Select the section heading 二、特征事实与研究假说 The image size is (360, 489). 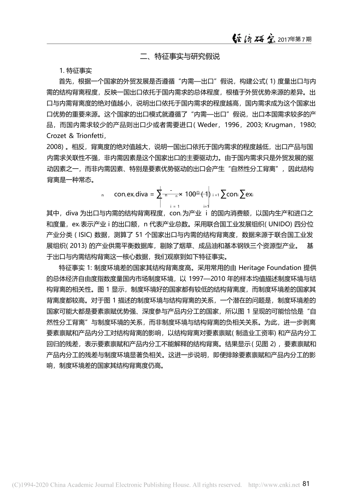180,57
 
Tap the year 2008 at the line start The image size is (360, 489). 54,136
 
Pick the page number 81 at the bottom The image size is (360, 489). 307,473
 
